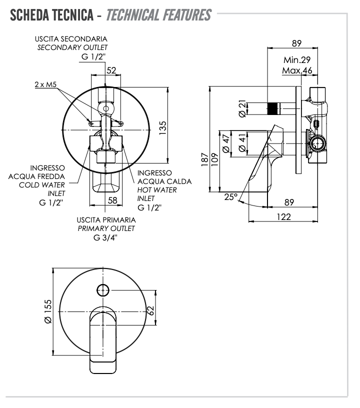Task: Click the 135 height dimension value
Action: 162,127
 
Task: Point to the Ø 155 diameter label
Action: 48,312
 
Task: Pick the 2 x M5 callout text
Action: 45,84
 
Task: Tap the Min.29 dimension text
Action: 297,60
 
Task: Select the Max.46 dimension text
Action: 297,70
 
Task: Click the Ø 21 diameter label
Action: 242,108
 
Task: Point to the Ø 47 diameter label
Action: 226,144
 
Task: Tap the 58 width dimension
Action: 112,200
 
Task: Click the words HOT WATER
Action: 156,190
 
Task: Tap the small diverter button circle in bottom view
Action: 103,289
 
